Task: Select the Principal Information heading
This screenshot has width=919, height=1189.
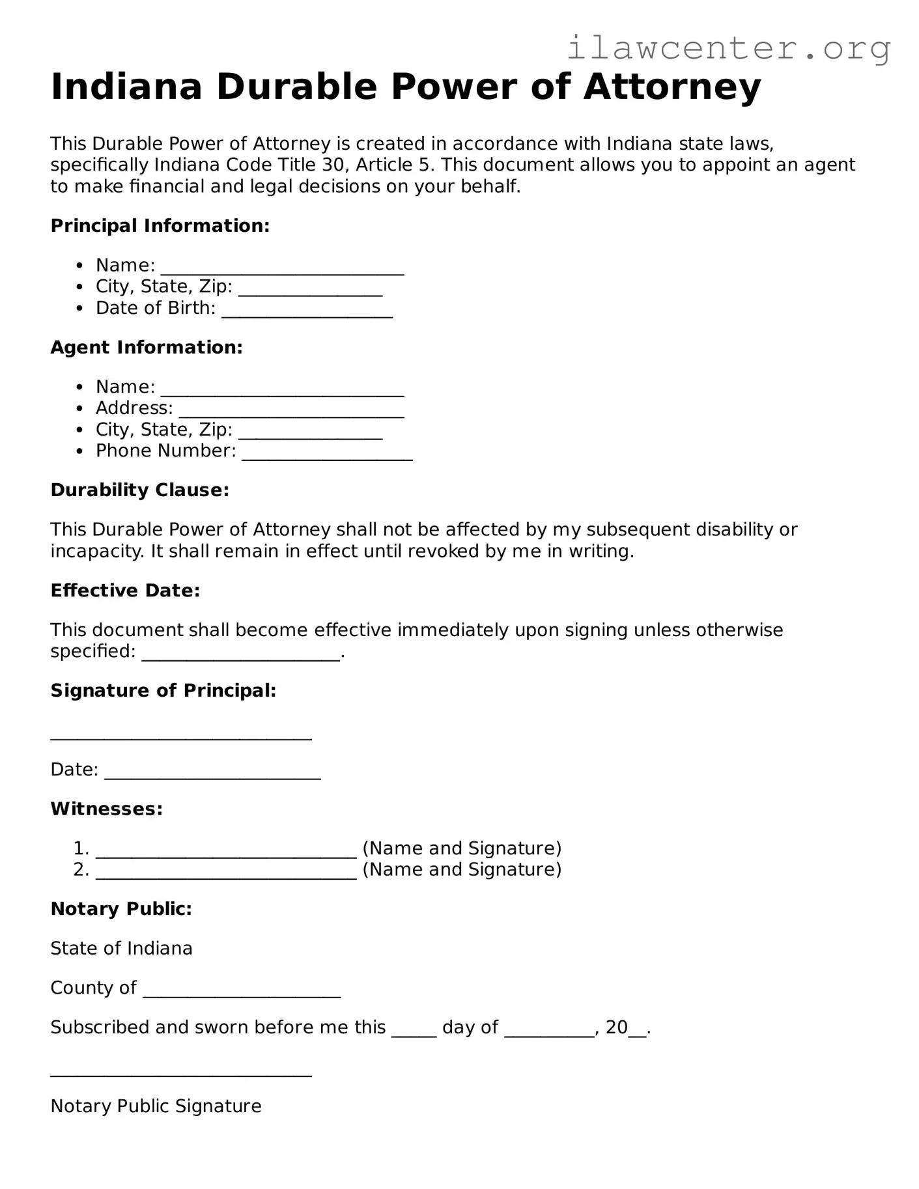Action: (160, 226)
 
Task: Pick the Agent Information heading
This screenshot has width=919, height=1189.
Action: (147, 348)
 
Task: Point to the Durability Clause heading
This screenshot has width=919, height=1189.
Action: (139, 490)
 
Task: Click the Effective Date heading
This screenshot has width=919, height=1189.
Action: (125, 591)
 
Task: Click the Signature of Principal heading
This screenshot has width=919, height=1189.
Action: (163, 691)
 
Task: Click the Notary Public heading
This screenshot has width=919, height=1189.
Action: (121, 909)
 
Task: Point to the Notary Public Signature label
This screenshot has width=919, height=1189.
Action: (156, 1106)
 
